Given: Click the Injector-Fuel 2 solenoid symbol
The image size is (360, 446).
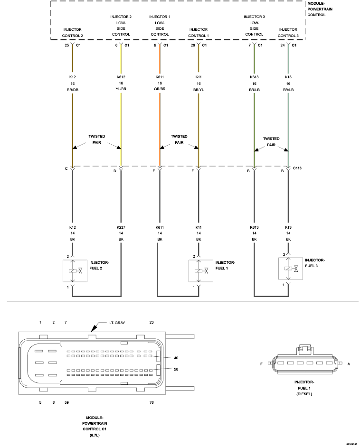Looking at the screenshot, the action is [x=75, y=271].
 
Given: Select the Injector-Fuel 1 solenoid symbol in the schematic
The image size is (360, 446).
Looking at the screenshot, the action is [x=201, y=271].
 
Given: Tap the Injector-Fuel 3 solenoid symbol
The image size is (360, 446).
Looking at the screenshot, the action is [x=291, y=269].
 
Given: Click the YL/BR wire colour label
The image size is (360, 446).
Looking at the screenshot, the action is [x=121, y=89].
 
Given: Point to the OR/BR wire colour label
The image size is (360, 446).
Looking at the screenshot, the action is [x=160, y=89].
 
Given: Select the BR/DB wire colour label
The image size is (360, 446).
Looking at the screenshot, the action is [x=73, y=90].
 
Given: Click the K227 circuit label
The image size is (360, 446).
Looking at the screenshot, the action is [x=121, y=227].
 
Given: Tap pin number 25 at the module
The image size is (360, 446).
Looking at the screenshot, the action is [x=67, y=45].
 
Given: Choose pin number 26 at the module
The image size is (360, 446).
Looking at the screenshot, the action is [x=193, y=45].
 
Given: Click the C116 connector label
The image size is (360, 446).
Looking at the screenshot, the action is [x=297, y=168].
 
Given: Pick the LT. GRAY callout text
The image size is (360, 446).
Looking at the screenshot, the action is [x=117, y=323].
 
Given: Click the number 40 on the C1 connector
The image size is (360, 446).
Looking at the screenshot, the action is [x=176, y=358].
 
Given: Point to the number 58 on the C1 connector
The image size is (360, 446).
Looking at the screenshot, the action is [x=176, y=369].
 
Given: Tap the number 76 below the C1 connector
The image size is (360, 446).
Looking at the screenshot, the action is [x=152, y=402].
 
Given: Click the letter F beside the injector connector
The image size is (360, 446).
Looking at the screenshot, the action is [x=261, y=364].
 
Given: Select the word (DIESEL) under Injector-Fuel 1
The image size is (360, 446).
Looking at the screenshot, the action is [x=304, y=394].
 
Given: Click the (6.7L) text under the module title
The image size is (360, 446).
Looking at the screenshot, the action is [x=95, y=435].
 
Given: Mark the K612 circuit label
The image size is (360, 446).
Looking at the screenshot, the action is [x=121, y=77].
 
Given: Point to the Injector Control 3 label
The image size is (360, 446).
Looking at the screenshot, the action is [x=288, y=32].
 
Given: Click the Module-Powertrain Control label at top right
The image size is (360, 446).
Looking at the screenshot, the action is [x=320, y=9].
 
